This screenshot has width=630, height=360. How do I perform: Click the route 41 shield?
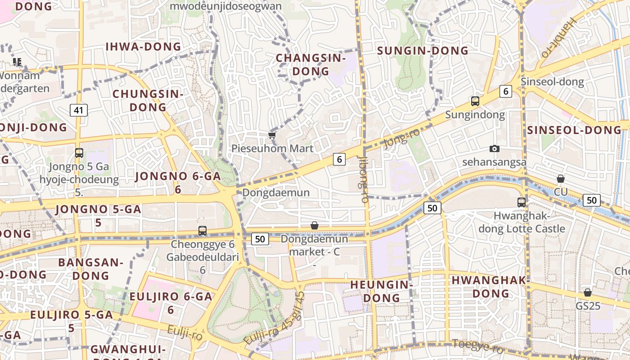[x=79, y=110]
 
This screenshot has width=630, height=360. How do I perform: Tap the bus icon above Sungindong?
[x=475, y=101]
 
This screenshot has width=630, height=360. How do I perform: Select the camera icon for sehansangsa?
[x=495, y=148]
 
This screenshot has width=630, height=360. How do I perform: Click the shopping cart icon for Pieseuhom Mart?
[x=271, y=135]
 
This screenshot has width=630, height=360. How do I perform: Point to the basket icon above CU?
[x=560, y=179]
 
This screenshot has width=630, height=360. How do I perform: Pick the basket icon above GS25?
[x=587, y=292]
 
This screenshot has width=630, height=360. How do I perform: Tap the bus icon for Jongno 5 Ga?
[x=79, y=153]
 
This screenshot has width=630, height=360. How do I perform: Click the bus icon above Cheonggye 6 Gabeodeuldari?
[x=202, y=231]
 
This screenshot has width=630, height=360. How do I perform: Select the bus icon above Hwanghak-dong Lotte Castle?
[x=522, y=202]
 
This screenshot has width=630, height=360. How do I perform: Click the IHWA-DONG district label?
[x=143, y=47]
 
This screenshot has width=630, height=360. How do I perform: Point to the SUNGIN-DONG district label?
[x=423, y=51]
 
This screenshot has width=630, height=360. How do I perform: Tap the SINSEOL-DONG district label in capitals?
[x=574, y=130]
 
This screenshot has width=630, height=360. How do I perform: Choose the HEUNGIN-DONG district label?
[x=382, y=291]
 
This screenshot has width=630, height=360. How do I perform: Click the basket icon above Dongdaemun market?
[x=315, y=225]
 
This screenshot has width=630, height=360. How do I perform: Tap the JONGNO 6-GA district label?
[x=178, y=176]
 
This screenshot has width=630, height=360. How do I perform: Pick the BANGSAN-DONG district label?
[x=90, y=269]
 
